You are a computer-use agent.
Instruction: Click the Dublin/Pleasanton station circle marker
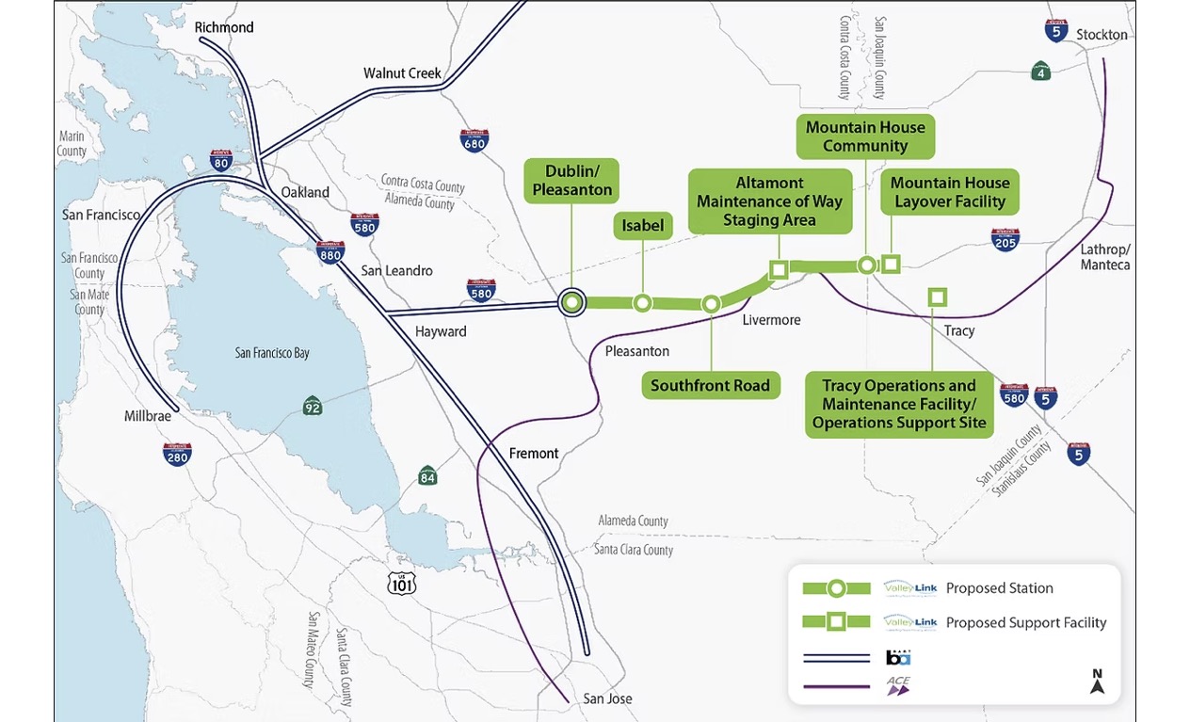pyautogui.click(x=571, y=302)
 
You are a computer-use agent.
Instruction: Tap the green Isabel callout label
pyautogui.click(x=643, y=226)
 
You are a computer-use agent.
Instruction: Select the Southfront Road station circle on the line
pyautogui.click(x=711, y=303)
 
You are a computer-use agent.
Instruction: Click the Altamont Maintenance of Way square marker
pyautogui.click(x=778, y=270)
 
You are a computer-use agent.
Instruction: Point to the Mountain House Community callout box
pyautogui.click(x=865, y=136)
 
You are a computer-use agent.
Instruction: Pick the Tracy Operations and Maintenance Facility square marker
pyautogui.click(x=937, y=297)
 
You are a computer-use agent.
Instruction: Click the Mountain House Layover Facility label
pyautogui.click(x=949, y=192)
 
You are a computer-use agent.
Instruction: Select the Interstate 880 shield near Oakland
pyautogui.click(x=330, y=251)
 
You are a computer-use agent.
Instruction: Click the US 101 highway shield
pyautogui.click(x=402, y=584)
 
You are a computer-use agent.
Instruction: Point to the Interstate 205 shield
pyautogui.click(x=1005, y=240)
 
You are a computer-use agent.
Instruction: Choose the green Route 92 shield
pyautogui.click(x=313, y=406)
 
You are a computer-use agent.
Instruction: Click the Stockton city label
pyautogui.click(x=1102, y=35)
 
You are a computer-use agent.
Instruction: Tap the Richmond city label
pyautogui.click(x=224, y=27)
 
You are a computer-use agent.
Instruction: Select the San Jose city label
pyautogui.click(x=607, y=698)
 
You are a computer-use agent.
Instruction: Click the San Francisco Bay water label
pyautogui.click(x=272, y=353)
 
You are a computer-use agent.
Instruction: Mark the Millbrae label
pyautogui.click(x=147, y=416)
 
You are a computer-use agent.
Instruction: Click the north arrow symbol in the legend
pyautogui.click(x=1097, y=682)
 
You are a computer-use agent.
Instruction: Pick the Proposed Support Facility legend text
pyautogui.click(x=1025, y=622)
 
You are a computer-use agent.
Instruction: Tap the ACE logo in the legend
pyautogui.click(x=897, y=685)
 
